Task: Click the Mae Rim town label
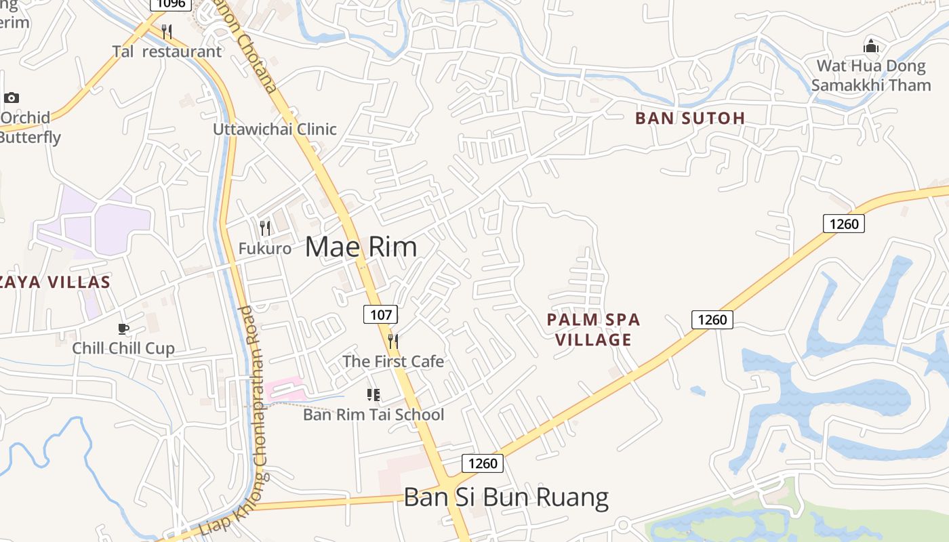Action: [x=361, y=247]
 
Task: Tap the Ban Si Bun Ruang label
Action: [x=506, y=498]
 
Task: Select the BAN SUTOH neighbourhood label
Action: [x=690, y=118]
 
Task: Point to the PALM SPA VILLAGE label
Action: [x=593, y=329]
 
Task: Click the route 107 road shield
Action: [x=380, y=314]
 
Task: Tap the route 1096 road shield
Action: [x=169, y=4]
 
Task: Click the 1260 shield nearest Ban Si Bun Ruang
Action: [x=483, y=463]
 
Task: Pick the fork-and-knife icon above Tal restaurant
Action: [x=167, y=31]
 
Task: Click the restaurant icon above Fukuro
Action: [x=265, y=228]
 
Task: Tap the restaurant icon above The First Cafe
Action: [x=392, y=341]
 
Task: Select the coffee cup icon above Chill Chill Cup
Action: [x=123, y=329]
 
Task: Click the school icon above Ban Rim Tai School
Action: [x=373, y=394]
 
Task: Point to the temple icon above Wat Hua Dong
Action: [x=871, y=46]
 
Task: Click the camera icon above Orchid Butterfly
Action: [x=12, y=98]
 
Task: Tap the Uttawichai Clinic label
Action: [x=275, y=129]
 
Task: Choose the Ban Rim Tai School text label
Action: [x=373, y=414]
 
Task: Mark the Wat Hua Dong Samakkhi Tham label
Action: [x=871, y=75]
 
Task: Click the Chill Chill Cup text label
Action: [x=123, y=348]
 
